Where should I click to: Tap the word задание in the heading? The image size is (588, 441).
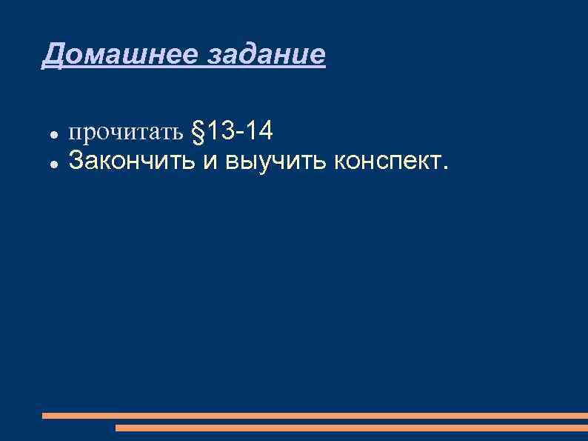coord(265,54)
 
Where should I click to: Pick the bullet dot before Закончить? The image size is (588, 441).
coord(54,162)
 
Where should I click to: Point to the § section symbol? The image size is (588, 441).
coord(198,133)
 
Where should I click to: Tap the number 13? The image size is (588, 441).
coord(220,132)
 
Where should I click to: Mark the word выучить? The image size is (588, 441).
coord(274,159)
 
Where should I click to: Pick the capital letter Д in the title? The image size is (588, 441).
coord(52,55)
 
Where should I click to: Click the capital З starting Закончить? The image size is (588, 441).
coord(75,159)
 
